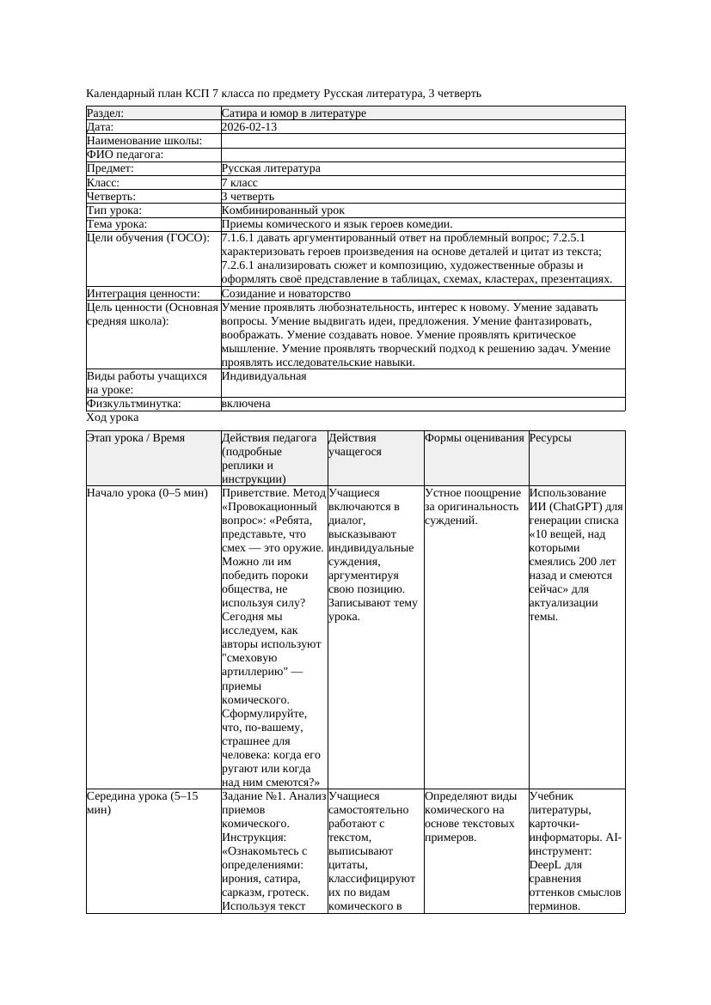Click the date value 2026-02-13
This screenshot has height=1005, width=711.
point(249,127)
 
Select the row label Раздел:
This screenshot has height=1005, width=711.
point(106,113)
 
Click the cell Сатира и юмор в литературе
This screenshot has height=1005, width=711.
point(293,113)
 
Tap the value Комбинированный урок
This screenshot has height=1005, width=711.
point(283,210)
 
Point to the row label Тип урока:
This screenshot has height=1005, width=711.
point(114,210)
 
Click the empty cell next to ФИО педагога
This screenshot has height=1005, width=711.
point(422,155)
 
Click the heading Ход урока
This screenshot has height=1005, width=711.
point(113,417)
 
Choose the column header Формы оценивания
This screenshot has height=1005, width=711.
point(474,438)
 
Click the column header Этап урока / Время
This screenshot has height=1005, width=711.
point(136,438)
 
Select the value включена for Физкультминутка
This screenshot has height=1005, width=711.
point(246,404)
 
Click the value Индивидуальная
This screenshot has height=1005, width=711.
point(264,376)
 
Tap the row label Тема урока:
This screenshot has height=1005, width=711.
point(117,224)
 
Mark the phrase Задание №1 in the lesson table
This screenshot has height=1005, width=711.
point(249,796)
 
